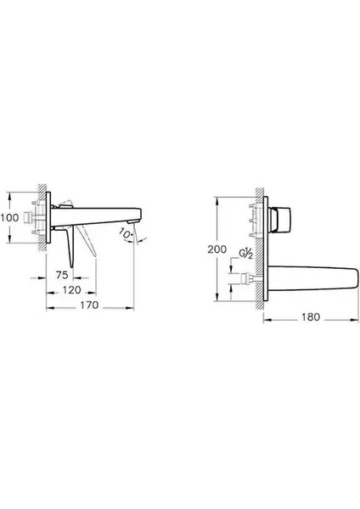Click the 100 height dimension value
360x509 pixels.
coord(11,218)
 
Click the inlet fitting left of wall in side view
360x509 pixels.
coord(30,217)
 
